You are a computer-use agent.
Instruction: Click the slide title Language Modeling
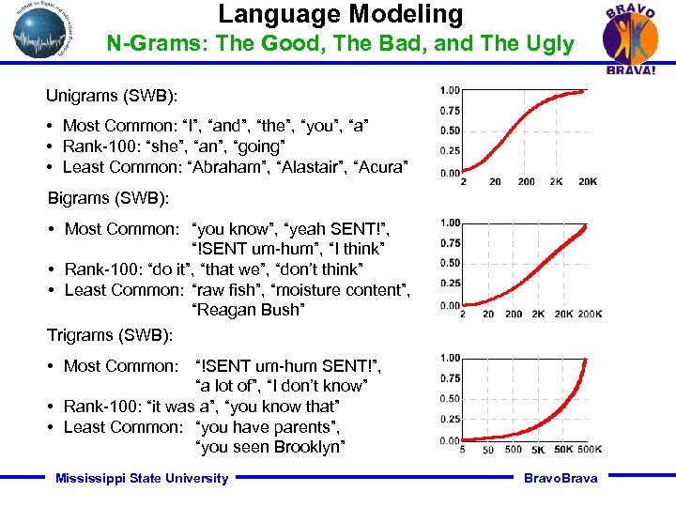(341, 14)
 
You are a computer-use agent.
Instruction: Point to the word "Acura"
(382, 167)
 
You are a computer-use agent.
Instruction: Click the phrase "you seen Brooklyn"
(273, 447)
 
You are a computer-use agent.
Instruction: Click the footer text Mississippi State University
(142, 478)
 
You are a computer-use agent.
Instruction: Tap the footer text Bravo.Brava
(561, 478)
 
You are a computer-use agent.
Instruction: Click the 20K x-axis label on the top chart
(587, 181)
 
